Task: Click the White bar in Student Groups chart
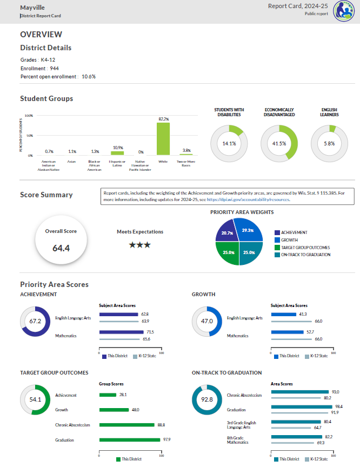[x=163, y=139]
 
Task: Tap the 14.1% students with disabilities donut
[x=229, y=144]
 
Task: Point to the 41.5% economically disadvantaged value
[x=279, y=144]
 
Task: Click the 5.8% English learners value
[x=329, y=144]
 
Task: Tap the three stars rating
[x=140, y=245]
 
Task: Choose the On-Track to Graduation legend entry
[x=304, y=255]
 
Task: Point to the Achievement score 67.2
[x=35, y=321]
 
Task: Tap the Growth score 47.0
[x=207, y=321]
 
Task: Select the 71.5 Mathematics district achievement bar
[x=119, y=332]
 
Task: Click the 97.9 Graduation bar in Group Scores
[x=130, y=440]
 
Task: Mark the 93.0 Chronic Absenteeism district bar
[x=299, y=391]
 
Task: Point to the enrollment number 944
[x=54, y=69]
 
